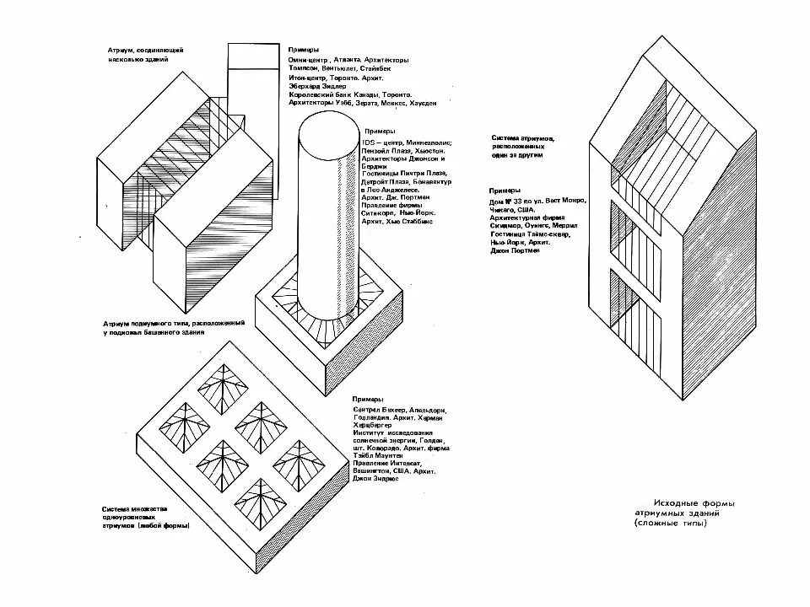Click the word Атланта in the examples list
[346, 61]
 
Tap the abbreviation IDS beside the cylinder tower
[369, 143]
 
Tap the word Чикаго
[503, 211]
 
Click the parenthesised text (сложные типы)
[672, 524]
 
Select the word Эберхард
[305, 85]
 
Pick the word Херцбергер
[373, 425]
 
